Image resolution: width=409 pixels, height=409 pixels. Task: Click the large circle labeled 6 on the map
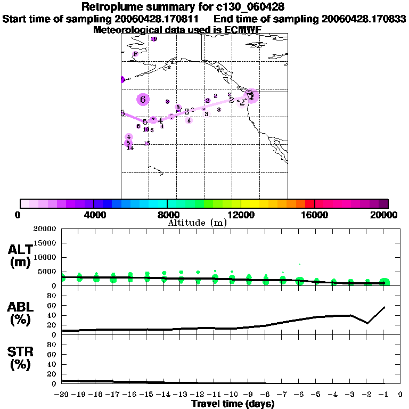pos(143,99)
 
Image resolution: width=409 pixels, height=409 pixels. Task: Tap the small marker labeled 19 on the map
pos(154,39)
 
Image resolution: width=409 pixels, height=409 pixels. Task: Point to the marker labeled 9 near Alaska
pos(135,54)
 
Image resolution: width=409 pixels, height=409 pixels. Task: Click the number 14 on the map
pos(130,148)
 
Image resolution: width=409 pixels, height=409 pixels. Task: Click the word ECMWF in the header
pos(244,30)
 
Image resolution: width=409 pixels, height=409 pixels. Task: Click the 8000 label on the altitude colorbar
pos(167,215)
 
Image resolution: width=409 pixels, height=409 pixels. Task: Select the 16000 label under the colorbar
pos(315,215)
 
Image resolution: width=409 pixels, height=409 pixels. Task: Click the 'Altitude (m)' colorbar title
pos(197,223)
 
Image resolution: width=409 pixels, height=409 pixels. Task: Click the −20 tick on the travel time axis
pos(62,395)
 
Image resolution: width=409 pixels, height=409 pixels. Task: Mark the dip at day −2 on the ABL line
pos(367,323)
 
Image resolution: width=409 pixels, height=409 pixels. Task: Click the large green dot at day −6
pos(300,281)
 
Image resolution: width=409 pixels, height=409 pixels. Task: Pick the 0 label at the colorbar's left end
pos(19,215)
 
